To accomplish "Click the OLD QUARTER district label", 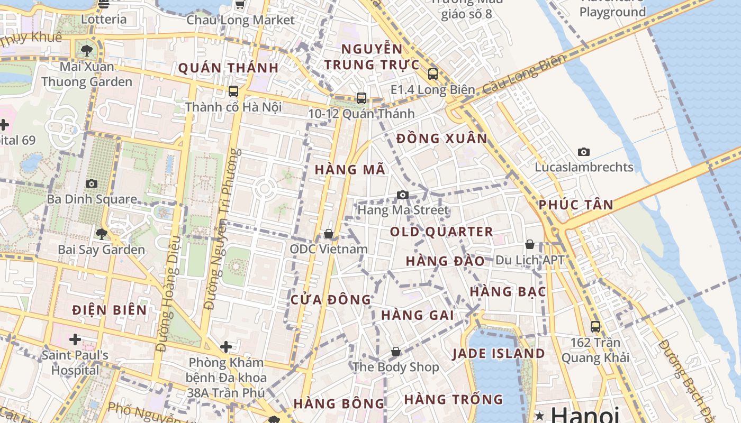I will (441, 232).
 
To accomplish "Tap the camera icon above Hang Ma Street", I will (403, 195).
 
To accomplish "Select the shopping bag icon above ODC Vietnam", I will (329, 234).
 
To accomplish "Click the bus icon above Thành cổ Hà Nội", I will (233, 91).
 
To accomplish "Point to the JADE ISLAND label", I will (498, 354).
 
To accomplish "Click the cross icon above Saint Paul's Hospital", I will (75, 339).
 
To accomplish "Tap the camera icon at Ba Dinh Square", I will (92, 183).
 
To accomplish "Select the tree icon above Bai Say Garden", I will (101, 234).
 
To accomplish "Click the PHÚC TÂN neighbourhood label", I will (576, 205).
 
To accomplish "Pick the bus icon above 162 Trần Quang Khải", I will (595, 327).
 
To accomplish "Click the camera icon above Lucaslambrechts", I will (584, 152).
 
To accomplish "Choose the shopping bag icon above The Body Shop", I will (396, 352).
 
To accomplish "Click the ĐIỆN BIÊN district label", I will (110, 310).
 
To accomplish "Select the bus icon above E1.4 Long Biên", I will (433, 74).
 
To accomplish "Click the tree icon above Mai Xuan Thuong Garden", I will (87, 51).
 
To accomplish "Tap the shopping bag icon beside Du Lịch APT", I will (529, 244).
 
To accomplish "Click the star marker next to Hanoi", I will (539, 416).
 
